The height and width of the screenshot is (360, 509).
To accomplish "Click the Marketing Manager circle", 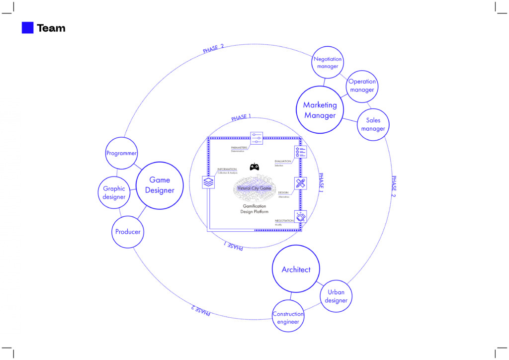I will [x=320, y=110].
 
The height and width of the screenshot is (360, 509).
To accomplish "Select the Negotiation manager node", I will [x=328, y=63].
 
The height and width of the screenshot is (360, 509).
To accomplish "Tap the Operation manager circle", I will [x=362, y=86].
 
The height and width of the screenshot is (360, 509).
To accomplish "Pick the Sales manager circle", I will [x=373, y=124].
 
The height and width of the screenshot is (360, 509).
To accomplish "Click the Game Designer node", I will [x=160, y=184].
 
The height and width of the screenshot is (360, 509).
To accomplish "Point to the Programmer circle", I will [x=121, y=153].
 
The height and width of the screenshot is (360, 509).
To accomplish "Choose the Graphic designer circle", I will [x=114, y=192].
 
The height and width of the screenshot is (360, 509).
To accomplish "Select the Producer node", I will [x=128, y=232].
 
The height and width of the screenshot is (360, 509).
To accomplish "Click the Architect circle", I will [x=296, y=270].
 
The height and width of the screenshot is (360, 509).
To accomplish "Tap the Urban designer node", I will [x=337, y=296].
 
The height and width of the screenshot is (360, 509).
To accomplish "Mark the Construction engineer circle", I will [x=288, y=317].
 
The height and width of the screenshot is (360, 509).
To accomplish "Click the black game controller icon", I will [x=254, y=167].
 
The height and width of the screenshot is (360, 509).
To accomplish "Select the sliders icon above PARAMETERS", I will [x=256, y=138].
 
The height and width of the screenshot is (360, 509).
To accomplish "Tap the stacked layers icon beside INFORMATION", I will [x=208, y=182].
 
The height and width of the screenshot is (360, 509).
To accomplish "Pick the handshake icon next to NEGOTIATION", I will [x=300, y=217].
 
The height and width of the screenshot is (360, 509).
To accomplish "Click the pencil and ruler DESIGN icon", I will [x=300, y=183].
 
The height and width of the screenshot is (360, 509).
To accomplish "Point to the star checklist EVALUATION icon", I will [x=300, y=152].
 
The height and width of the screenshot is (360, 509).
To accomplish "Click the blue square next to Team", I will [x=27, y=28].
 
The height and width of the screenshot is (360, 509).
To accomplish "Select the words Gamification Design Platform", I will [x=254, y=209].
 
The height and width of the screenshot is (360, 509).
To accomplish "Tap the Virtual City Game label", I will [x=254, y=188].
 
